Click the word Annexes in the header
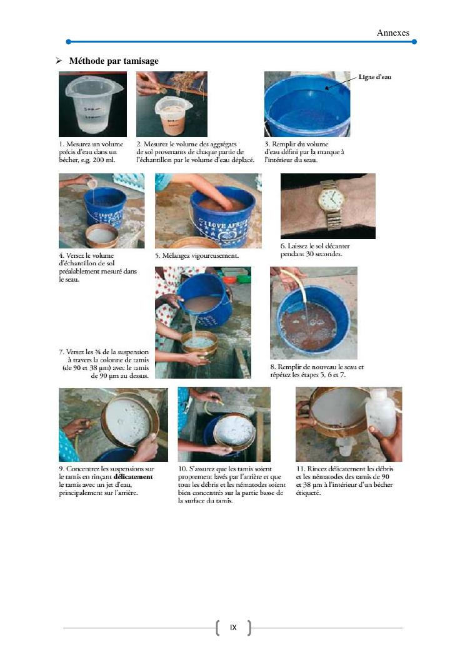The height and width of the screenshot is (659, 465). [x=393, y=33]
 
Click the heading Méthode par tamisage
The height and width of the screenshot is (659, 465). [x=114, y=61]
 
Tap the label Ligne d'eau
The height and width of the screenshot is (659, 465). [x=375, y=77]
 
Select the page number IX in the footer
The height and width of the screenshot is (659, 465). [x=233, y=628]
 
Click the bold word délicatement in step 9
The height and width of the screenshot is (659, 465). [x=133, y=477]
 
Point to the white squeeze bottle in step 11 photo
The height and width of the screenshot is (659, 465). [x=380, y=413]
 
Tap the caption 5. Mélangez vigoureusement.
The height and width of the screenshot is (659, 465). [x=197, y=255]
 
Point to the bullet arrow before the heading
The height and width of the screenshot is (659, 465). [x=59, y=61]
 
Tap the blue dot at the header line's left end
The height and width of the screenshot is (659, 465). [x=68, y=41]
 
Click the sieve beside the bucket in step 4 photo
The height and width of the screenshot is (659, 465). [x=101, y=236]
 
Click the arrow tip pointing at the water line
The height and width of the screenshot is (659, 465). [x=326, y=88]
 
